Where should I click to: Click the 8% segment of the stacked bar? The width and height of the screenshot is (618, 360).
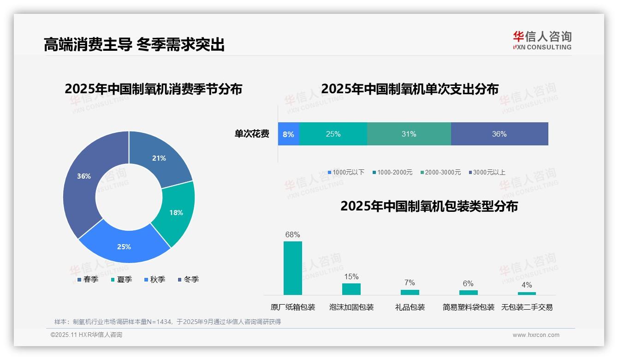289,134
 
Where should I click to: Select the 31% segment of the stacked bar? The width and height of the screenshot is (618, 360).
409,134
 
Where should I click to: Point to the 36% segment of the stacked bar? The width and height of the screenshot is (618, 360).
499,134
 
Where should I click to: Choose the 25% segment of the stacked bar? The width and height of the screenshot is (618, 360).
333,134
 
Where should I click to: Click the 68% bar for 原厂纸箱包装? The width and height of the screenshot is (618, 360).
293,268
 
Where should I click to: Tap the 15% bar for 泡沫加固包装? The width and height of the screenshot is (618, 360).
351,289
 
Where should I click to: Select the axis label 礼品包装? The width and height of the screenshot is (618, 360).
410,307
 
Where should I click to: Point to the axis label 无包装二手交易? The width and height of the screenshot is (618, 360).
527,307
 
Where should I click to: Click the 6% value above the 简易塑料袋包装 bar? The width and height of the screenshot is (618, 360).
468,283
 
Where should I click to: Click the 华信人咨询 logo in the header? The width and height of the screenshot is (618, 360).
542,40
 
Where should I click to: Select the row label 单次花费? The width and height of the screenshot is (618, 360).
252,134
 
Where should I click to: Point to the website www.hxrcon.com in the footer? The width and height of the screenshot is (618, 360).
536,335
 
